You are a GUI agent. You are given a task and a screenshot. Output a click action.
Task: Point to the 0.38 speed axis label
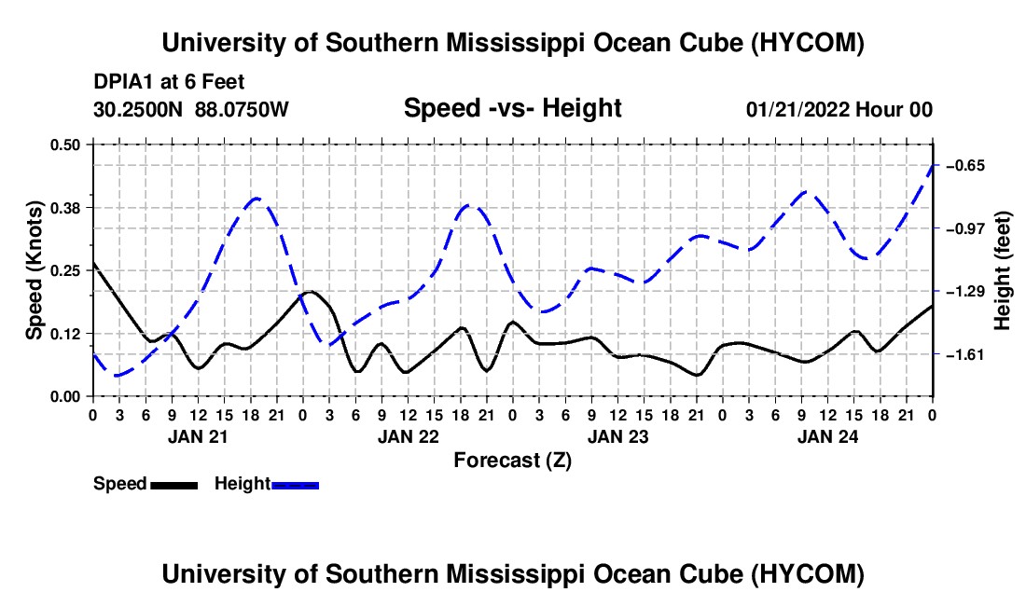(x=64, y=208)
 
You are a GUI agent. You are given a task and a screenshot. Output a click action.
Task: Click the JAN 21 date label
(x=198, y=436)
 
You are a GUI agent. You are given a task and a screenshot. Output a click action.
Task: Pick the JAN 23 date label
(x=617, y=436)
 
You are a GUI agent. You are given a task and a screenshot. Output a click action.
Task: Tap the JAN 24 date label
(x=827, y=436)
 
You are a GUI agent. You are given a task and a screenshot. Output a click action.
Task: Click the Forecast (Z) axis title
(x=512, y=461)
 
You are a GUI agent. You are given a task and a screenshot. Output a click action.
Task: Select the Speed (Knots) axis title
(x=34, y=270)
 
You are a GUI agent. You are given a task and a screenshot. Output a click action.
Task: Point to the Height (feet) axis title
(x=1003, y=270)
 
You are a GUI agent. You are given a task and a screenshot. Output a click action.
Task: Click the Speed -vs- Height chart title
(x=512, y=108)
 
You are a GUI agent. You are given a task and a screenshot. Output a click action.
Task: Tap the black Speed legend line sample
(x=174, y=485)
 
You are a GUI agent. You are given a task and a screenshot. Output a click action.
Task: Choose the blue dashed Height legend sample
(x=295, y=485)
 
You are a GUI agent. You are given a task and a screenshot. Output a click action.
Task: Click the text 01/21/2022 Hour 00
(x=839, y=109)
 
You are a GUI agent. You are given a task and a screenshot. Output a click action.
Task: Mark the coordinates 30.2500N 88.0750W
(x=190, y=109)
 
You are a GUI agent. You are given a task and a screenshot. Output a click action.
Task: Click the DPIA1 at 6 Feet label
(x=169, y=82)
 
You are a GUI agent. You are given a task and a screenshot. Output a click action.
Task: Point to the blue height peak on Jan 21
(x=256, y=198)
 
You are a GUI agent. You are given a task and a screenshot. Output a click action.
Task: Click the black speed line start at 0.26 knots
(x=93, y=263)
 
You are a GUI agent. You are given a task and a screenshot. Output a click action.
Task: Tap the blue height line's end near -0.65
(x=932, y=166)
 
